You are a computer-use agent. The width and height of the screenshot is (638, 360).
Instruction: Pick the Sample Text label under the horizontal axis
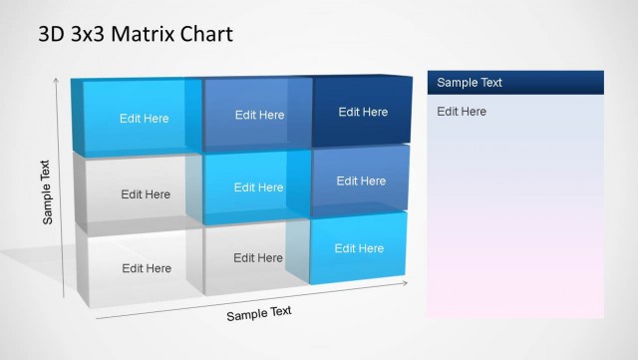pos(259,313)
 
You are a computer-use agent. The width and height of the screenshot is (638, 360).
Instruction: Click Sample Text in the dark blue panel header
pos(470,83)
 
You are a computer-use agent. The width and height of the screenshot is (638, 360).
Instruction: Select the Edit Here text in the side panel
pos(462,112)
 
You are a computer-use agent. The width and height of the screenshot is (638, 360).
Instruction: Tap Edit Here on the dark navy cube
pos(363,112)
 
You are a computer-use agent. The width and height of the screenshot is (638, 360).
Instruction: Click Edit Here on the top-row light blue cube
pos(145,119)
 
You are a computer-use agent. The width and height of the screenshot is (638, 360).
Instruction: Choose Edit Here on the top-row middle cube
pos(259,115)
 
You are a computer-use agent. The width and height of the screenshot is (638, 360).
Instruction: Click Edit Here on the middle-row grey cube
pos(146,194)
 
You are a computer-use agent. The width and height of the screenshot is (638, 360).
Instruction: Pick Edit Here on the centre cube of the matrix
pos(259,187)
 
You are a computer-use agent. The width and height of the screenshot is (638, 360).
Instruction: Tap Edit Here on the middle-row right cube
pos(361,181)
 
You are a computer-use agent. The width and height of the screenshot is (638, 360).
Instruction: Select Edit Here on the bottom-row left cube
pos(147,268)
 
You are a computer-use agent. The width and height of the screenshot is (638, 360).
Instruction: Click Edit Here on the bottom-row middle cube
pos(258,258)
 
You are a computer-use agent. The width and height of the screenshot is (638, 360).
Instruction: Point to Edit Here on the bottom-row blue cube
pos(359,248)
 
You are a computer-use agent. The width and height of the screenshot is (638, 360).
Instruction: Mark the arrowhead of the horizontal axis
pos(405,284)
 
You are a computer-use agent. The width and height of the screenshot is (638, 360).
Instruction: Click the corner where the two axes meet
pos(95,319)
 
